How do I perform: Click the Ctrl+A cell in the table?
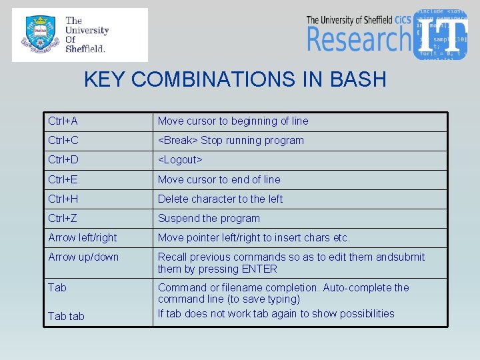click(63, 121)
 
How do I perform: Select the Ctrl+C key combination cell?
click(63, 141)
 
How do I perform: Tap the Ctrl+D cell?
click(63, 160)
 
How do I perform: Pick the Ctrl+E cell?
click(63, 179)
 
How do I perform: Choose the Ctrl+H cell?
click(63, 199)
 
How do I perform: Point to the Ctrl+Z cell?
click(63, 218)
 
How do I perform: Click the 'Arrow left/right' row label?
click(83, 237)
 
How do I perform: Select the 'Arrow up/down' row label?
click(83, 257)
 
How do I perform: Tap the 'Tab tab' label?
click(66, 316)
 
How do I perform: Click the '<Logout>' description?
click(180, 160)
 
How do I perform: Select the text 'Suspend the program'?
click(209, 218)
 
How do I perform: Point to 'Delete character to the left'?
click(220, 199)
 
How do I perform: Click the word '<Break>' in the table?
click(177, 141)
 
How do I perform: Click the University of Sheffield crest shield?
click(39, 35)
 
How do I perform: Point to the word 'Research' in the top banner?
click(359, 39)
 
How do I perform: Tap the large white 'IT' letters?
click(443, 33)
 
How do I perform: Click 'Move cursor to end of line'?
click(219, 179)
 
